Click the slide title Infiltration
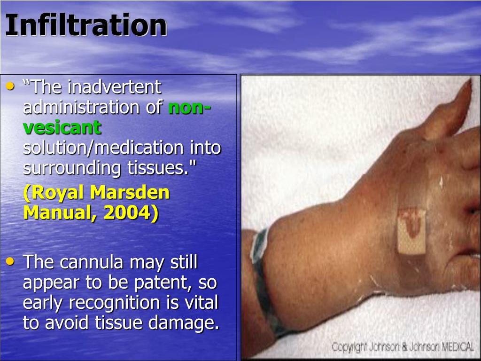86,25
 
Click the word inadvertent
115,87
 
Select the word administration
83,107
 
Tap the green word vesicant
62,127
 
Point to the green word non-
189,108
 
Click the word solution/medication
104,148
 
